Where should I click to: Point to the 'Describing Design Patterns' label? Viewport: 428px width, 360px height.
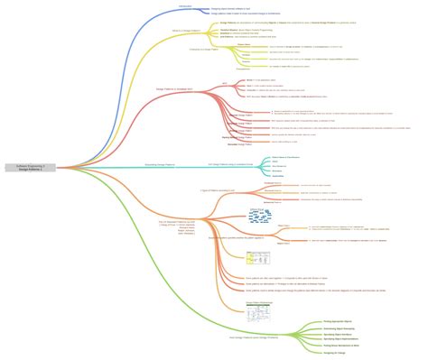pyautogui.click(x=159, y=164)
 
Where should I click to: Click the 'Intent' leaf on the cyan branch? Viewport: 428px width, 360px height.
pyautogui.click(x=275, y=162)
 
